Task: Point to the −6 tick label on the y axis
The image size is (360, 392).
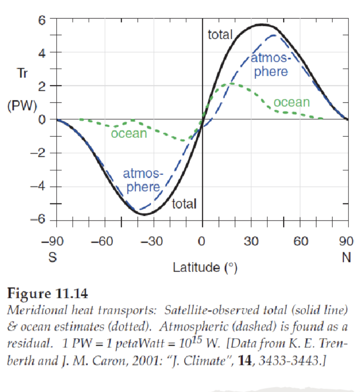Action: [x=38, y=220]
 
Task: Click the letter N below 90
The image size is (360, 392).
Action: [x=347, y=258]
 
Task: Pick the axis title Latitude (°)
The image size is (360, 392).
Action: [x=205, y=268]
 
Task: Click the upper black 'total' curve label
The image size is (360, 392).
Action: [x=220, y=35]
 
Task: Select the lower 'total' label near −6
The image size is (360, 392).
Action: [x=184, y=204]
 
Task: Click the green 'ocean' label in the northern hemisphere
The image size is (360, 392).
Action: [x=292, y=102]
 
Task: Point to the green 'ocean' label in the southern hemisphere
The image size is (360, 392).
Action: [x=129, y=133]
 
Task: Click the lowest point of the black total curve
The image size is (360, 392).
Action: [x=145, y=214]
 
